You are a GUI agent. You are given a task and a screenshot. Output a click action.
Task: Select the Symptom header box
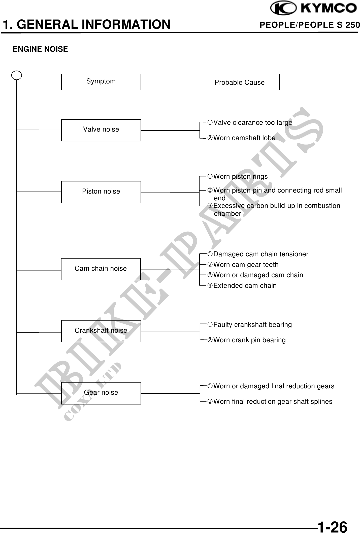(x=101, y=82)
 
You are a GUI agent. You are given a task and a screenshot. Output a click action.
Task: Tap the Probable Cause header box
(x=239, y=82)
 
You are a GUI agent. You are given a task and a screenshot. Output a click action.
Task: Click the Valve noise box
(x=101, y=130)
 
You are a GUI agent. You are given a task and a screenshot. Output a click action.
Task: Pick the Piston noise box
(x=101, y=192)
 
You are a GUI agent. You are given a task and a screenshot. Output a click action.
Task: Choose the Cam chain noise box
(x=101, y=269)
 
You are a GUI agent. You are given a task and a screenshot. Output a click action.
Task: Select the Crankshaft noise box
(x=101, y=331)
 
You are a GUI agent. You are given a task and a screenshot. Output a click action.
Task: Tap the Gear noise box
(x=101, y=393)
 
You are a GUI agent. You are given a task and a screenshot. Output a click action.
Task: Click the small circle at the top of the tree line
(x=17, y=75)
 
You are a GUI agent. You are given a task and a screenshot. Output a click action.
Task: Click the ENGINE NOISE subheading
(x=40, y=49)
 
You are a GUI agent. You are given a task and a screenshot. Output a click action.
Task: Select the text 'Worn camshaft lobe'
(x=244, y=138)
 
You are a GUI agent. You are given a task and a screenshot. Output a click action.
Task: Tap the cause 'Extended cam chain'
(x=245, y=286)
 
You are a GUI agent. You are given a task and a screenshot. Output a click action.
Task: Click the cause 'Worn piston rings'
(x=240, y=176)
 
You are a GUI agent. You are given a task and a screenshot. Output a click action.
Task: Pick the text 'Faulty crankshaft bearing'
(x=252, y=325)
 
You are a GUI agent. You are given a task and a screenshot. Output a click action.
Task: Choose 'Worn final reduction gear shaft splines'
(x=273, y=401)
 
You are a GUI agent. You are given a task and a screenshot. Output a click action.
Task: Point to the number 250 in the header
(x=353, y=25)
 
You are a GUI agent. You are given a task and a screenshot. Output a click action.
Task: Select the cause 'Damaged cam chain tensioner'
(x=260, y=254)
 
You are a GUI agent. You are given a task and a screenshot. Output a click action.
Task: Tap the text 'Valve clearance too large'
(x=253, y=122)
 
